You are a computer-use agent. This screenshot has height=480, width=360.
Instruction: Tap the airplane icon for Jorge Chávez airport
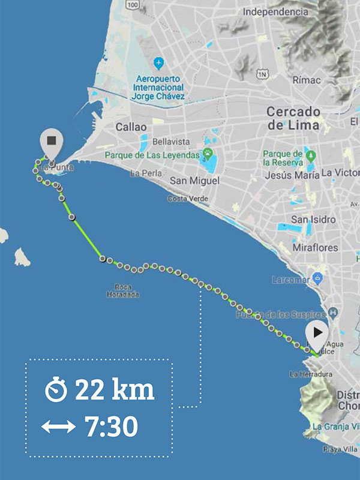[158, 62]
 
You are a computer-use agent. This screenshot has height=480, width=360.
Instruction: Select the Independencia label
[275, 11]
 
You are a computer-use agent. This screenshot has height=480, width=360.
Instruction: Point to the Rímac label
[307, 80]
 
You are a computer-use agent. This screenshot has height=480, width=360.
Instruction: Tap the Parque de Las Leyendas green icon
[208, 155]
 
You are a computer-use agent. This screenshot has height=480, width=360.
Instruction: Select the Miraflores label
[315, 247]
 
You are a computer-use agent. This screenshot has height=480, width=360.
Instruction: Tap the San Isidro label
[313, 220]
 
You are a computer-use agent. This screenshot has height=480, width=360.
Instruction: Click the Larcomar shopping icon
[317, 279]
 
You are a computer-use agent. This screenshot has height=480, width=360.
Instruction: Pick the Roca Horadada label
[123, 290]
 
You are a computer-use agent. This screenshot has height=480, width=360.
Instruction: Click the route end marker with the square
[51, 140]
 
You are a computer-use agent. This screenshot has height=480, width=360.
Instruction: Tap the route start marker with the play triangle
[317, 332]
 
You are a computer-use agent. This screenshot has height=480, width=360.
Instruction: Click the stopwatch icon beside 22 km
[56, 391]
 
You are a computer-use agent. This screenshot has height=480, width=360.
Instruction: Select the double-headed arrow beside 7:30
[58, 427]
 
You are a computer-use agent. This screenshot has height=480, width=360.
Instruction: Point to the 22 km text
[115, 390]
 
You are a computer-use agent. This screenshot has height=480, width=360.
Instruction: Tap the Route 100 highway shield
[133, 5]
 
